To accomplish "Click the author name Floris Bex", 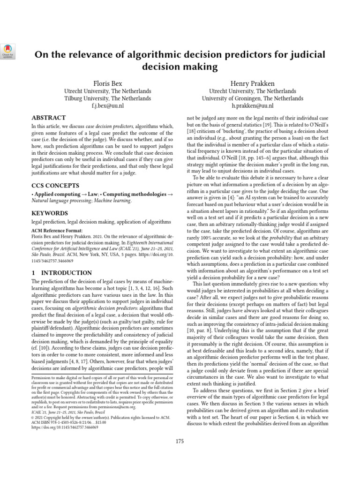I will coord(107,82).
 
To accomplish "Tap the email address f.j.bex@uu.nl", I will coord(107,106).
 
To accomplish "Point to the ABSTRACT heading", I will coord(48,118).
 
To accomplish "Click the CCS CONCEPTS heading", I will coord(56,185).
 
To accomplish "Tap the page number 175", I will coord(180,441).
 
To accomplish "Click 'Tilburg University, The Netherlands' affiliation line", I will coord(107,98).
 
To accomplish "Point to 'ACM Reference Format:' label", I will coord(57,231).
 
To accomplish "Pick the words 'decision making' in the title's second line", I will coord(180,67).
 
